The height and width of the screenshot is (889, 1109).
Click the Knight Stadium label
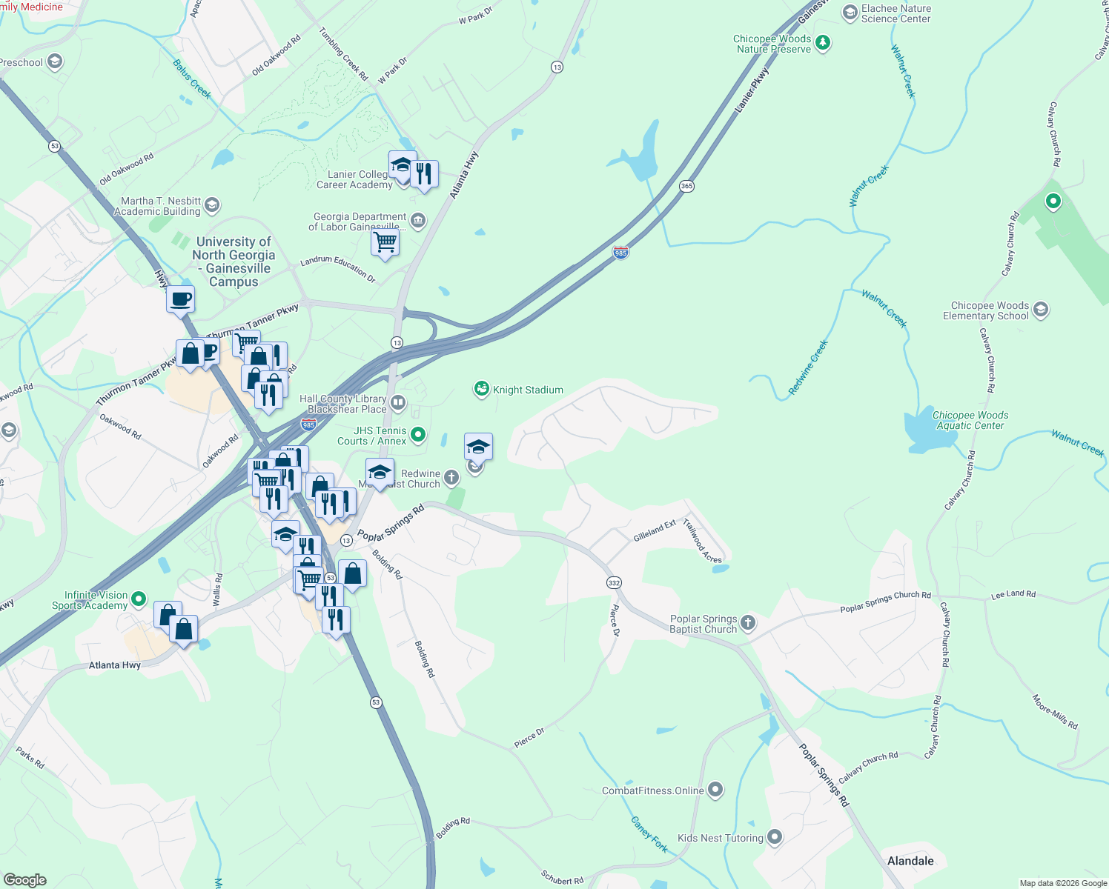tap(528, 390)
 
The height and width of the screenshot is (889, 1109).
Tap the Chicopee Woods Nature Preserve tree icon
tap(822, 43)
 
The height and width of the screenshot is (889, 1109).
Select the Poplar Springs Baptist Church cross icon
tap(748, 623)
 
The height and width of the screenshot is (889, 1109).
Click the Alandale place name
tap(910, 861)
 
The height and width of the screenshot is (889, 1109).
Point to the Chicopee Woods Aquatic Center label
tap(970, 420)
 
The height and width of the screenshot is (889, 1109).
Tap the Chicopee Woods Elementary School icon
tap(1041, 310)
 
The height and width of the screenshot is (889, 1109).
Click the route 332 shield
tap(614, 583)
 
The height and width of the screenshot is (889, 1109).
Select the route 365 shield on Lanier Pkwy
tap(686, 186)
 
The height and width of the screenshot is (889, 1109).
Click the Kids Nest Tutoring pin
tap(775, 837)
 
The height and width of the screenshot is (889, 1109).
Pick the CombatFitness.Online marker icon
tap(715, 790)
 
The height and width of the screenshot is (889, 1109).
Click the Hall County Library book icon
tap(398, 403)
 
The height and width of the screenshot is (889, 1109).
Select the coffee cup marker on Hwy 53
tap(180, 300)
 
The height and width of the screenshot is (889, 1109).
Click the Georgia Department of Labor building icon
tap(418, 220)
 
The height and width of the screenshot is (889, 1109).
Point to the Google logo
tap(24, 880)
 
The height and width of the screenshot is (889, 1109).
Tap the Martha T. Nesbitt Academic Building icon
tap(212, 205)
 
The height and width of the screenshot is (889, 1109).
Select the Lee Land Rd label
tap(1013, 594)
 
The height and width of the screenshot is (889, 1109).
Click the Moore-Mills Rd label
tap(1055, 711)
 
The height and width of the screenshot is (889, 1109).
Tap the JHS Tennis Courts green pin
tap(418, 435)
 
